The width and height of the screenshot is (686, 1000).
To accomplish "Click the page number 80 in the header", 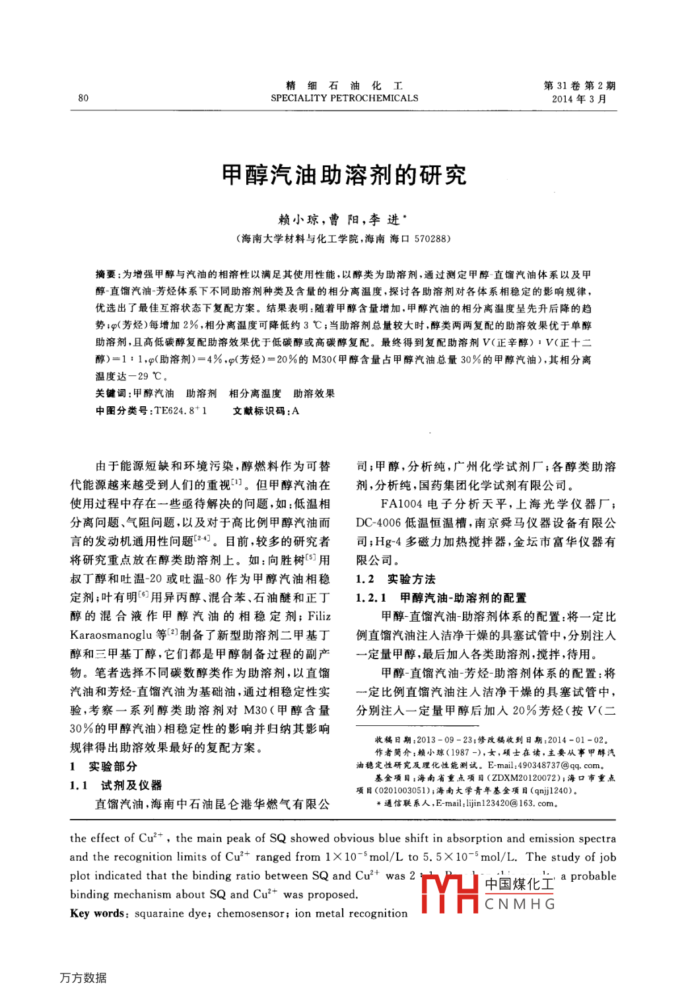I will pos(83,98).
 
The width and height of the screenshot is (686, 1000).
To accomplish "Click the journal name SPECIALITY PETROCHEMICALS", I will pos(344,98).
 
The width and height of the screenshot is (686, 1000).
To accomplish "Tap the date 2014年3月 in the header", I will pos(579,99).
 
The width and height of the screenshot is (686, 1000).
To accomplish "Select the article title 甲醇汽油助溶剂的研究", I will pos(344,176).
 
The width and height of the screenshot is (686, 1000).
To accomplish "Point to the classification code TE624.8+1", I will pos(180,411).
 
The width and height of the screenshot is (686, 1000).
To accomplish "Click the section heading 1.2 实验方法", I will pos(395,579).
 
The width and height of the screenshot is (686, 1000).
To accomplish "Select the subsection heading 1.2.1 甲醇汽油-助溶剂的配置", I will pos(441,598).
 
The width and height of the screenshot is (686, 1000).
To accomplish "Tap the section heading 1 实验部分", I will pos(104,766).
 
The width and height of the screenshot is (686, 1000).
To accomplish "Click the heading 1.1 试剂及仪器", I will pos(116,785).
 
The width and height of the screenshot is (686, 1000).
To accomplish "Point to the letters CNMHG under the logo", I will pos(520,904).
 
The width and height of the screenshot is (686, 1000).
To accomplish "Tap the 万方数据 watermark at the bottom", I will pos(83,978).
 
